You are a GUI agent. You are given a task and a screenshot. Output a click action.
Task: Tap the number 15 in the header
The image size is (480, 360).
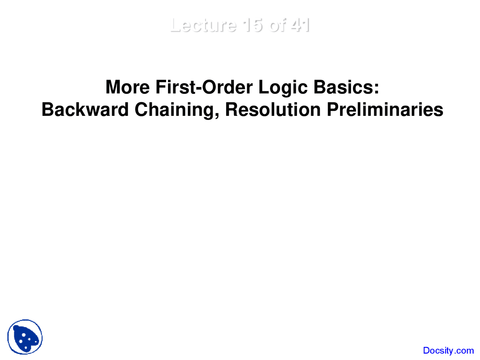click(253, 25)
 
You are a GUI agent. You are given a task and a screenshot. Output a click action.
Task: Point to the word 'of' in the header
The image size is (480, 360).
click(277, 25)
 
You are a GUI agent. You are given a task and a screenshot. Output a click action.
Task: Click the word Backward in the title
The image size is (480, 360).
click(85, 110)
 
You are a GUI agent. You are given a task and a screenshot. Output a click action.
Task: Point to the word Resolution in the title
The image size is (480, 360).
click(273, 110)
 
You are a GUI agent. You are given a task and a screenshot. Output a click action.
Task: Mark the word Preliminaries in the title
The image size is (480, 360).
click(385, 110)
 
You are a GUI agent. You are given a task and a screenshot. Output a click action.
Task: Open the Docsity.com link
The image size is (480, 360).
click(448, 351)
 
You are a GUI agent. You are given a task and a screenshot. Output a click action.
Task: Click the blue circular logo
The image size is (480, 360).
click(25, 337)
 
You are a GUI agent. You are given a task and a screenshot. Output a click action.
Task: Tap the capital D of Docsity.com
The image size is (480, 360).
click(426, 351)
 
